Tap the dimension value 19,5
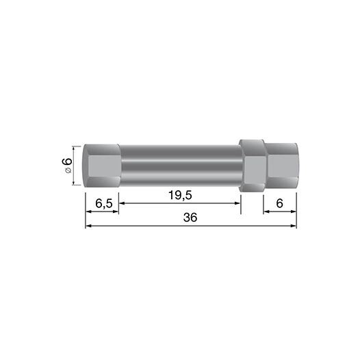179,195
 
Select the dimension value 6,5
103,203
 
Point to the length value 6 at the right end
280,203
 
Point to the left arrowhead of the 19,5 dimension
123,203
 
